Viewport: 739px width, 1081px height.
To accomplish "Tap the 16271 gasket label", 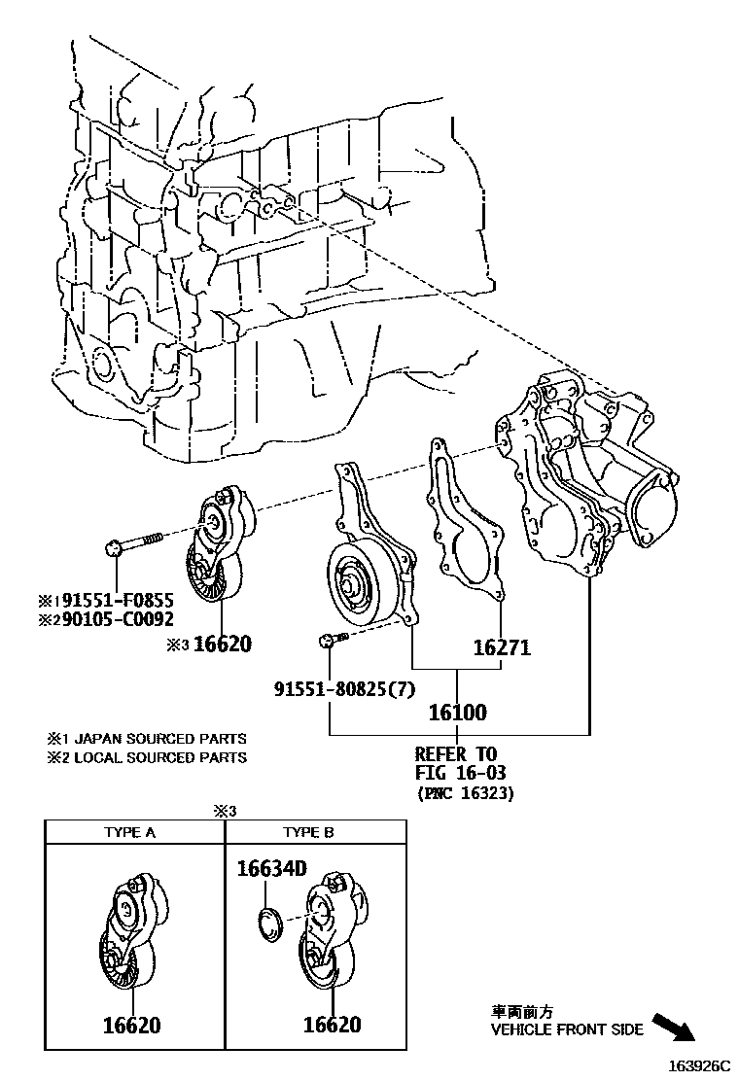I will [502, 647].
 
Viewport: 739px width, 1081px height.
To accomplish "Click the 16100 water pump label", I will [458, 713].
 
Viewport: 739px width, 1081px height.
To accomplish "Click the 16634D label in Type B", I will [271, 868].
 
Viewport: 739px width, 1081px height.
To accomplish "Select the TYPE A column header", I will [130, 832].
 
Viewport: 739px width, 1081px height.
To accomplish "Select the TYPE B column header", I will [308, 832].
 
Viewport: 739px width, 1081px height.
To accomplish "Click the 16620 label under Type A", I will [131, 1025].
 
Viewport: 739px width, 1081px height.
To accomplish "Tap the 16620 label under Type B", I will [332, 1025].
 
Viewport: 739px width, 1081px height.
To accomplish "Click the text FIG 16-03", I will [461, 773].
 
